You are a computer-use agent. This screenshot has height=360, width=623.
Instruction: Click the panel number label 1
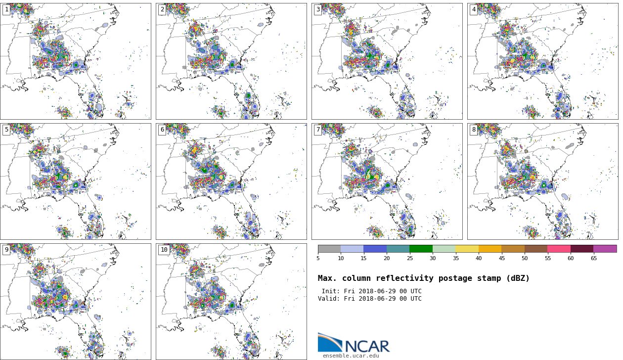pyautogui.click(x=6, y=10)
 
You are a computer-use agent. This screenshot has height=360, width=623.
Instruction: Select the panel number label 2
pyautogui.click(x=162, y=10)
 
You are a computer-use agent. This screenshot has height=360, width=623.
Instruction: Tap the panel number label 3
pyautogui.click(x=318, y=10)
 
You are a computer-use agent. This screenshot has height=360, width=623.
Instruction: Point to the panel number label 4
pyautogui.click(x=474, y=10)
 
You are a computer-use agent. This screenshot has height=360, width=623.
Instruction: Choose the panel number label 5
pyautogui.click(x=6, y=130)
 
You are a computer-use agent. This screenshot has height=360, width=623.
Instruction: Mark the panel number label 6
pyautogui.click(x=162, y=130)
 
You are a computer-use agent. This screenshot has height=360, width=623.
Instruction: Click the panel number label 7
pyautogui.click(x=318, y=130)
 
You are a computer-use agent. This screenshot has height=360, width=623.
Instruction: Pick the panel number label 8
pyautogui.click(x=474, y=130)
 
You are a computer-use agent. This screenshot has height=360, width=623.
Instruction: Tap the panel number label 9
pyautogui.click(x=6, y=250)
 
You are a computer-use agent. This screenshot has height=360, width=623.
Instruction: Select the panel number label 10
pyautogui.click(x=164, y=250)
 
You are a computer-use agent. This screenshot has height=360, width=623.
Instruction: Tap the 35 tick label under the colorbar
pyautogui.click(x=455, y=258)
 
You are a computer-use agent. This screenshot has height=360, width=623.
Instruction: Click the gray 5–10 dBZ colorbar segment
pyautogui.click(x=329, y=249)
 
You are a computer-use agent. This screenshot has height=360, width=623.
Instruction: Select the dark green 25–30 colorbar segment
pyautogui.click(x=421, y=249)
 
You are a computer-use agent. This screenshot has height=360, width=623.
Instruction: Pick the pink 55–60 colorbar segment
pyautogui.click(x=559, y=249)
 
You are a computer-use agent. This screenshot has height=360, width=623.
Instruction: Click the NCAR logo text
pyautogui.click(x=367, y=346)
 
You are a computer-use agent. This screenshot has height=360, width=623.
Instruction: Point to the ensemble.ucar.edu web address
pyautogui.click(x=351, y=356)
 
